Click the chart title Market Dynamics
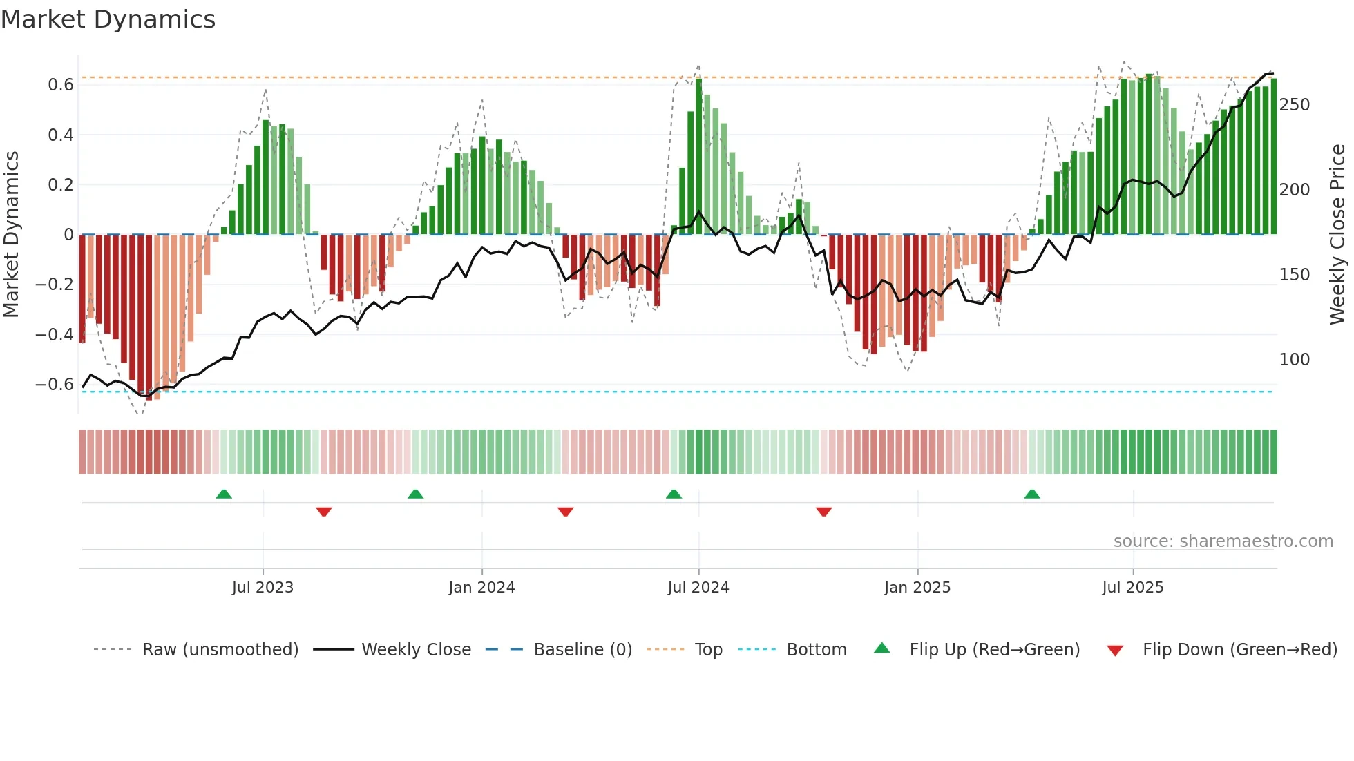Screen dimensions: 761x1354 [x=108, y=19]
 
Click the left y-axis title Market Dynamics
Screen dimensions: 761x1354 [x=11, y=235]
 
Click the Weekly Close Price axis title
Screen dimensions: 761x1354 [x=1337, y=235]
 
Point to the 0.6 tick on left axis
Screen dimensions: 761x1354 [x=61, y=85]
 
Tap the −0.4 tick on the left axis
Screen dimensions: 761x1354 [x=55, y=334]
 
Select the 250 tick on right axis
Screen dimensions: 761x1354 [x=1294, y=105]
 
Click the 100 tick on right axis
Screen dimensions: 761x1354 [x=1294, y=360]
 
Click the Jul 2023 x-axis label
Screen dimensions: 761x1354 [x=263, y=588]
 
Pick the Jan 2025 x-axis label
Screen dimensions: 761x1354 [x=917, y=588]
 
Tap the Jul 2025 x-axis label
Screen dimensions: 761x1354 [x=1132, y=588]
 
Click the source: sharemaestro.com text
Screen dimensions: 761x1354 [x=1223, y=541]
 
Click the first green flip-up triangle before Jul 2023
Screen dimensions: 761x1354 [x=224, y=494]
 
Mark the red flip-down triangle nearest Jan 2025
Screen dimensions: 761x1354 [x=823, y=512]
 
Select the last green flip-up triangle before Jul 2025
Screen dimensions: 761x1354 [x=1032, y=494]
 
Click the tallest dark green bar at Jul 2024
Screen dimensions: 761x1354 [x=699, y=156]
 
